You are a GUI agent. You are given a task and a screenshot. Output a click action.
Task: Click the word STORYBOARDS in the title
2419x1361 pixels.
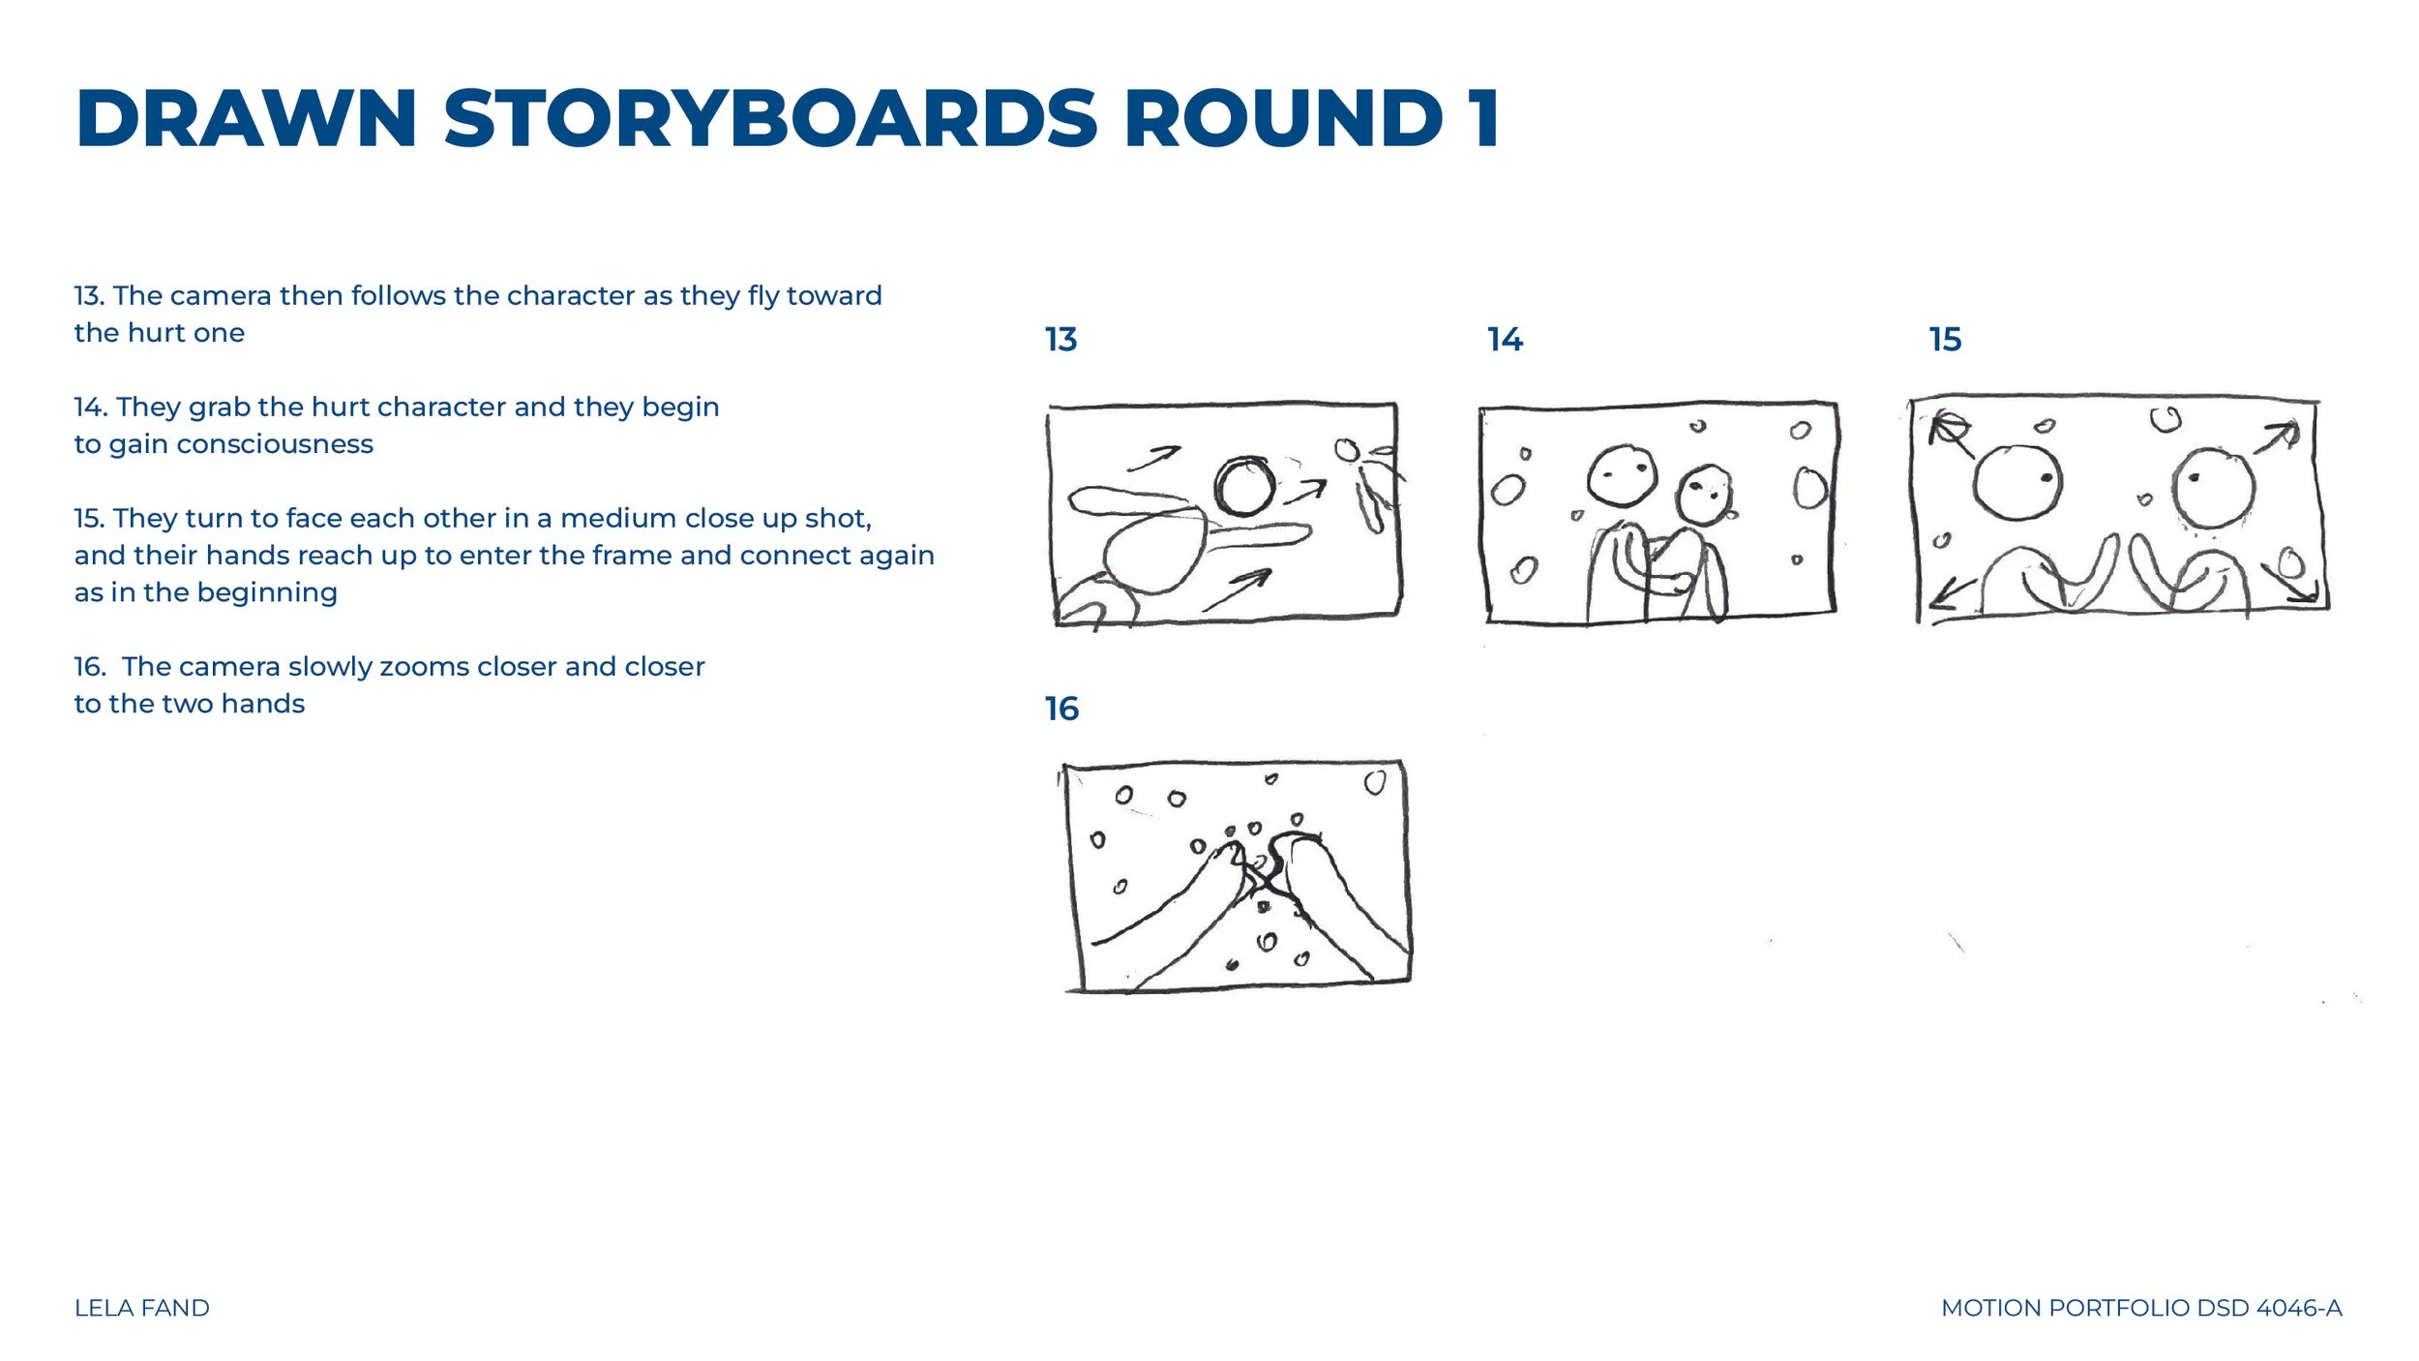coord(770,119)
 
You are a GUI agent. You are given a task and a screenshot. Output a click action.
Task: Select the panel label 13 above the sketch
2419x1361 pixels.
coord(1060,340)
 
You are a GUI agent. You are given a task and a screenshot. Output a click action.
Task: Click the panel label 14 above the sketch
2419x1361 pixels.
coord(1505,340)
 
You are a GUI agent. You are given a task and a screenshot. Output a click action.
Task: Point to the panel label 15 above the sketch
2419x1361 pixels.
coord(1945,340)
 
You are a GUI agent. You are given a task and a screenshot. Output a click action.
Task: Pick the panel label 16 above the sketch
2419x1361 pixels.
coord(1061,709)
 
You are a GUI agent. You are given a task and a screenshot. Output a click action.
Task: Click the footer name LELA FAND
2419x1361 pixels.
coord(142,1308)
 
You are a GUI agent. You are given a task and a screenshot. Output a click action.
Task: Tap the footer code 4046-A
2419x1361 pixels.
coord(2299,1308)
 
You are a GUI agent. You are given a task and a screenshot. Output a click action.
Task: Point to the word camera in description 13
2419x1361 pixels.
coord(221,296)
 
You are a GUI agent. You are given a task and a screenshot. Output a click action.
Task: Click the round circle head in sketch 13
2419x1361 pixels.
coord(1244,487)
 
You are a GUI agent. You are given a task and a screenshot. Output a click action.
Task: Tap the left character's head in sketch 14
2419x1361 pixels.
coord(1622,475)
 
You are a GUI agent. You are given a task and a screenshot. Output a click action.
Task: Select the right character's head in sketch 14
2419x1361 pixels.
coord(1704,495)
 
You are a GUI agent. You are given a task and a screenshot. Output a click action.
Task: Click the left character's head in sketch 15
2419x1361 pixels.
coord(2017,482)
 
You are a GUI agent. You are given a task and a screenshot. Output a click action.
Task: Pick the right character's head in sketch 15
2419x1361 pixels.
coord(2214,488)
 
